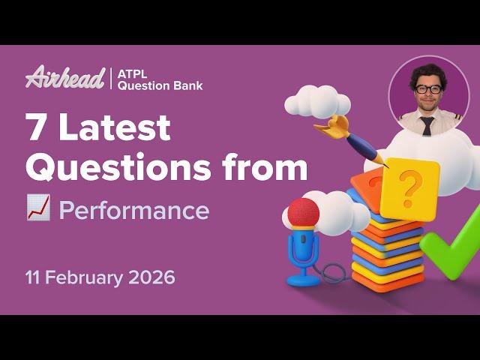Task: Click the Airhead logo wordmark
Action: [65, 78]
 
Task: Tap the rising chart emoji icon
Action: [38, 210]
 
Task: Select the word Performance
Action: [134, 211]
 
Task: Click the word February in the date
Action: [90, 277]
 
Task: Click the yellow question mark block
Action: [409, 187]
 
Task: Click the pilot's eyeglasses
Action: [428, 89]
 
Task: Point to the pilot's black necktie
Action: [427, 124]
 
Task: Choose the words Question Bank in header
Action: [160, 85]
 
